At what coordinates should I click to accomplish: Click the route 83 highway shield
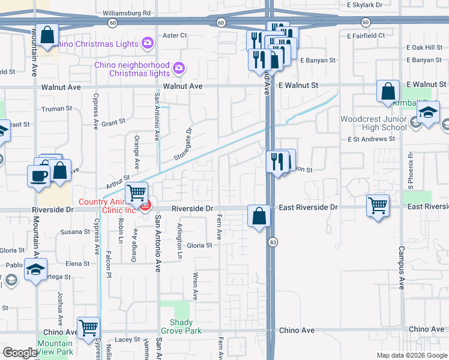(x=273, y=241)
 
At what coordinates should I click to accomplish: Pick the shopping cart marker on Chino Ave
(x=88, y=328)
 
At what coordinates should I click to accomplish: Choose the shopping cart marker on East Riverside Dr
(x=378, y=205)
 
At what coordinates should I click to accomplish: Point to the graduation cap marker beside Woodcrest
(x=428, y=112)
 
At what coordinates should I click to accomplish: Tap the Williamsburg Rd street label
(x=126, y=12)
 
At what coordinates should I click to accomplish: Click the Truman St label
(x=56, y=109)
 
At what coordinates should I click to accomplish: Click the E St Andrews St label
(x=372, y=139)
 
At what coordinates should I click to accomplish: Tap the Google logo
(x=20, y=353)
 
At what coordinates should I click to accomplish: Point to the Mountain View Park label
(x=55, y=347)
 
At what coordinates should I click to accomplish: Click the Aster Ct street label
(x=175, y=35)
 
